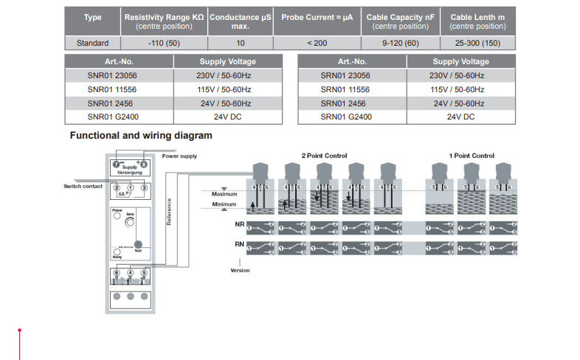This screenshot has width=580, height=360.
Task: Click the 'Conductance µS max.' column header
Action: point(240,21)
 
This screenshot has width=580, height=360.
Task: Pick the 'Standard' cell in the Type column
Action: point(92,44)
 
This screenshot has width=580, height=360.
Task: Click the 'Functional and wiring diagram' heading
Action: point(141,136)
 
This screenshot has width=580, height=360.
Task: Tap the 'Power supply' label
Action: point(179,156)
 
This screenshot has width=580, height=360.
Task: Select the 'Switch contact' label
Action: point(82,187)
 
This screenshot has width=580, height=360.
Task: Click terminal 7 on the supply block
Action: point(116,164)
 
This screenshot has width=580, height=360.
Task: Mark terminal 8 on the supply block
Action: point(144,164)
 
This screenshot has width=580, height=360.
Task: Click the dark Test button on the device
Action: point(138,249)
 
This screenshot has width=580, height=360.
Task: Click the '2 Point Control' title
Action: point(324,156)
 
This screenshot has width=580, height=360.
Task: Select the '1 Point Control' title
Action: point(472,156)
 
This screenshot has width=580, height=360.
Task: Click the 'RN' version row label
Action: point(238,243)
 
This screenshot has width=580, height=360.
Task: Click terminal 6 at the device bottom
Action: point(117,274)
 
